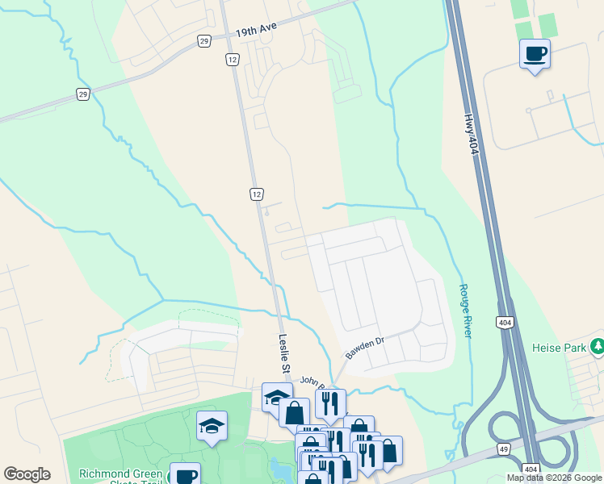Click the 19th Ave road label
pyautogui.click(x=257, y=29)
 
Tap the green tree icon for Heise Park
pyautogui.click(x=597, y=347)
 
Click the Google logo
pyautogui.click(x=27, y=474)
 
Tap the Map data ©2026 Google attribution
pyautogui.click(x=554, y=478)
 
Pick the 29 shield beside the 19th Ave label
pyautogui.click(x=203, y=40)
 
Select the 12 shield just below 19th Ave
pyautogui.click(x=232, y=60)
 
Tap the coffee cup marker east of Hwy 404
pyautogui.click(x=535, y=55)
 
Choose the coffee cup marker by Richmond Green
pyautogui.click(x=185, y=476)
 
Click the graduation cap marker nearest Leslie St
pyautogui.click(x=277, y=396)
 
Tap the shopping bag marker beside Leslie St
pyautogui.click(x=295, y=412)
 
